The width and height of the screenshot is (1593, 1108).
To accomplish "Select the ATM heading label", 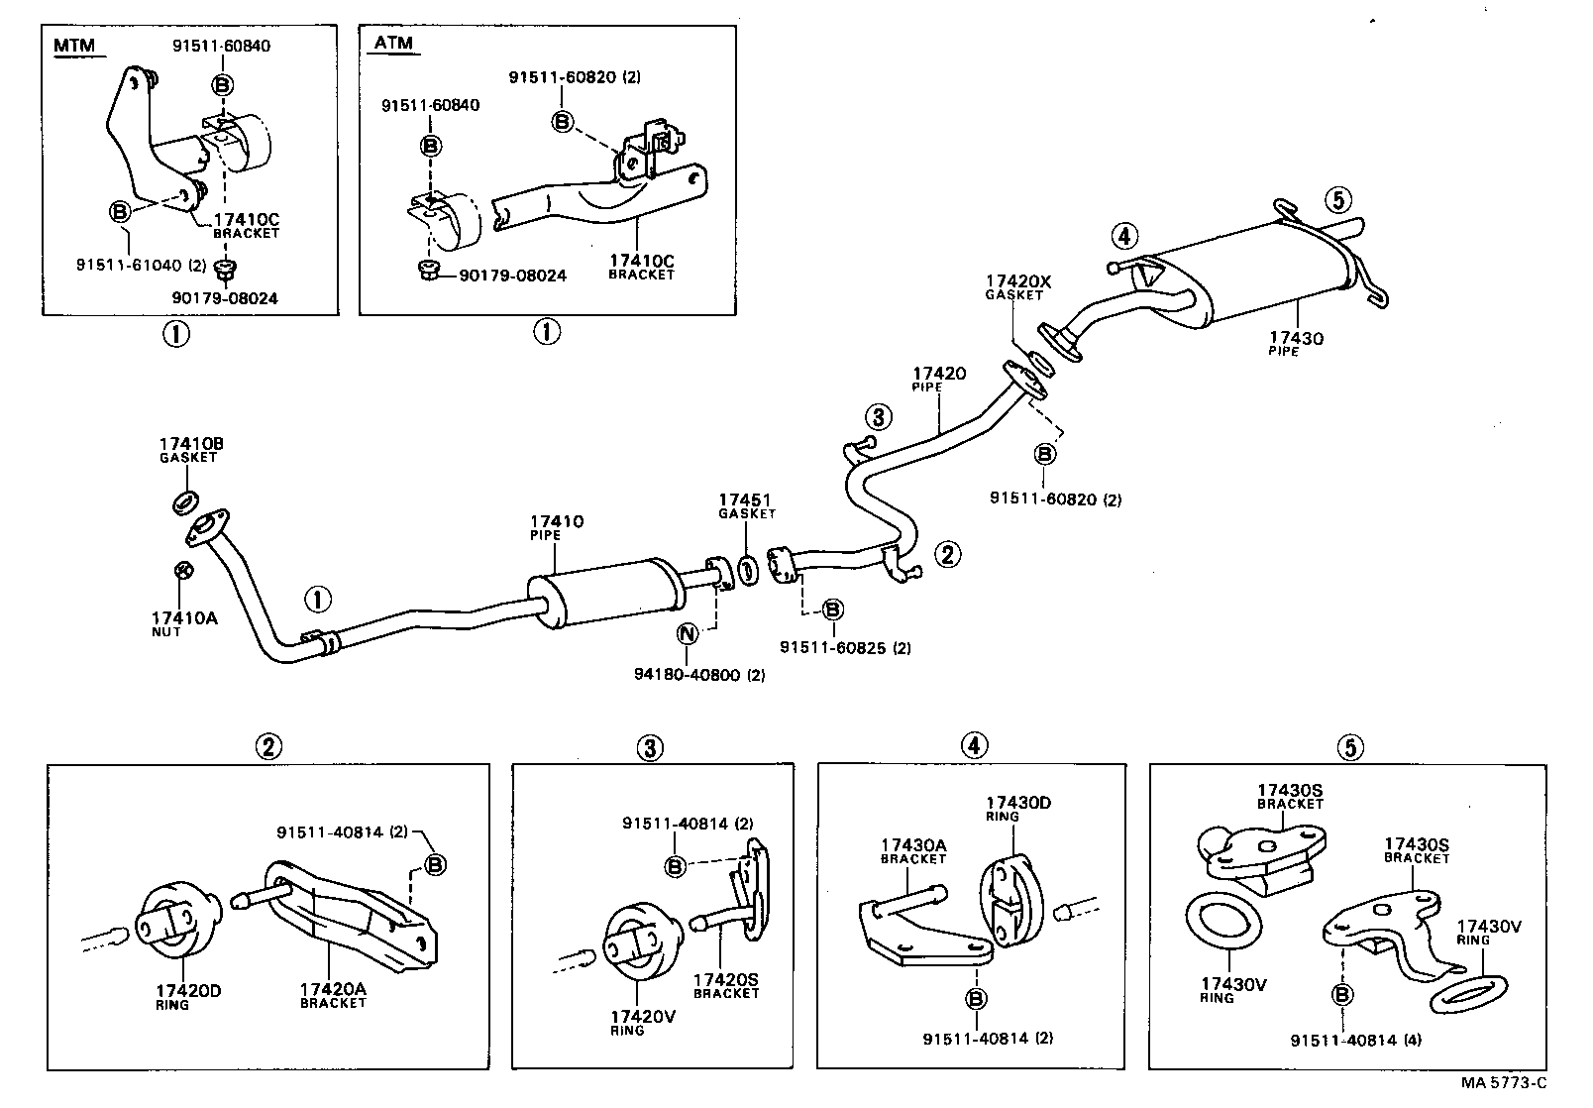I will (x=393, y=43).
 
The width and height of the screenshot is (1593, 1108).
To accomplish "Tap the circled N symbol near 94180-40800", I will (x=687, y=634).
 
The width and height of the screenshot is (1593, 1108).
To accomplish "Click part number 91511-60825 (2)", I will (x=844, y=648).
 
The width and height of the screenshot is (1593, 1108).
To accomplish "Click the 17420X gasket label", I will (x=1017, y=281).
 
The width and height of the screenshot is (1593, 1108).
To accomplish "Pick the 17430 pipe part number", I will (x=1297, y=338).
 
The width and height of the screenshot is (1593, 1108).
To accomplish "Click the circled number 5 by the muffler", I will (x=1336, y=201).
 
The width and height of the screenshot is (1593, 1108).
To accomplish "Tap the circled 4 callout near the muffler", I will (x=1122, y=236).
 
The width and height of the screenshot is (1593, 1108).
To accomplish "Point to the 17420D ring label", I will (x=187, y=991).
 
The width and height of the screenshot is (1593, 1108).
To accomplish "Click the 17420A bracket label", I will (x=333, y=989).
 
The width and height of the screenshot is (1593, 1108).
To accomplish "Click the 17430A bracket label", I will (x=912, y=845).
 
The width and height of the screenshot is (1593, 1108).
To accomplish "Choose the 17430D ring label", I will (x=1017, y=803).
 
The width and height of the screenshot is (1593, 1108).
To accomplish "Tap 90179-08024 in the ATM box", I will (x=512, y=275).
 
